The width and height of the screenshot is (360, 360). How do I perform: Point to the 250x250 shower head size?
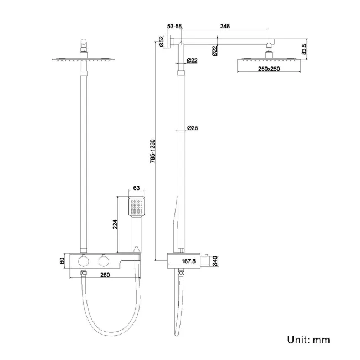(x=269, y=69)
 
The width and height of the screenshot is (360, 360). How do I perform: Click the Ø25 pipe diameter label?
(x=192, y=128)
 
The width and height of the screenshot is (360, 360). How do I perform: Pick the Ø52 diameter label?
(x=161, y=42)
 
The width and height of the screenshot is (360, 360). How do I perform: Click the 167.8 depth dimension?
(x=188, y=261)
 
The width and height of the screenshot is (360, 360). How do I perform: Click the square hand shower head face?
(x=138, y=208)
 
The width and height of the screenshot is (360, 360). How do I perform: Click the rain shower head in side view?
(x=269, y=59)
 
